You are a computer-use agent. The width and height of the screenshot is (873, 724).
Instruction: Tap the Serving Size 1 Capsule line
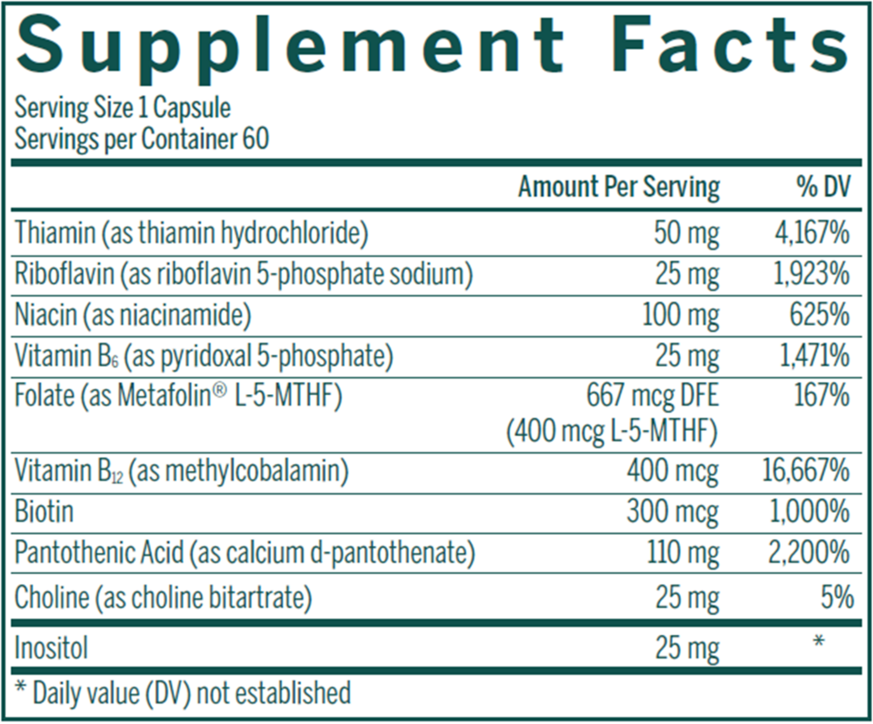coord(123,108)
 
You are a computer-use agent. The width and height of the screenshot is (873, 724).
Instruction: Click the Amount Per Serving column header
coord(619,187)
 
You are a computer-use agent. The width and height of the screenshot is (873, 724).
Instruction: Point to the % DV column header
coord(817,187)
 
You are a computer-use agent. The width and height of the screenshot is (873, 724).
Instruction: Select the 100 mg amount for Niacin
coord(680,315)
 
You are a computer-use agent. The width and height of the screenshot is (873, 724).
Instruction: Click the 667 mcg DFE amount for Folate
coord(654,397)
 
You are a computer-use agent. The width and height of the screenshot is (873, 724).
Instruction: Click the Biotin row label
coord(44,512)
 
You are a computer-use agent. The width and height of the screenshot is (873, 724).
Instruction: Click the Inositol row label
coord(52,647)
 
